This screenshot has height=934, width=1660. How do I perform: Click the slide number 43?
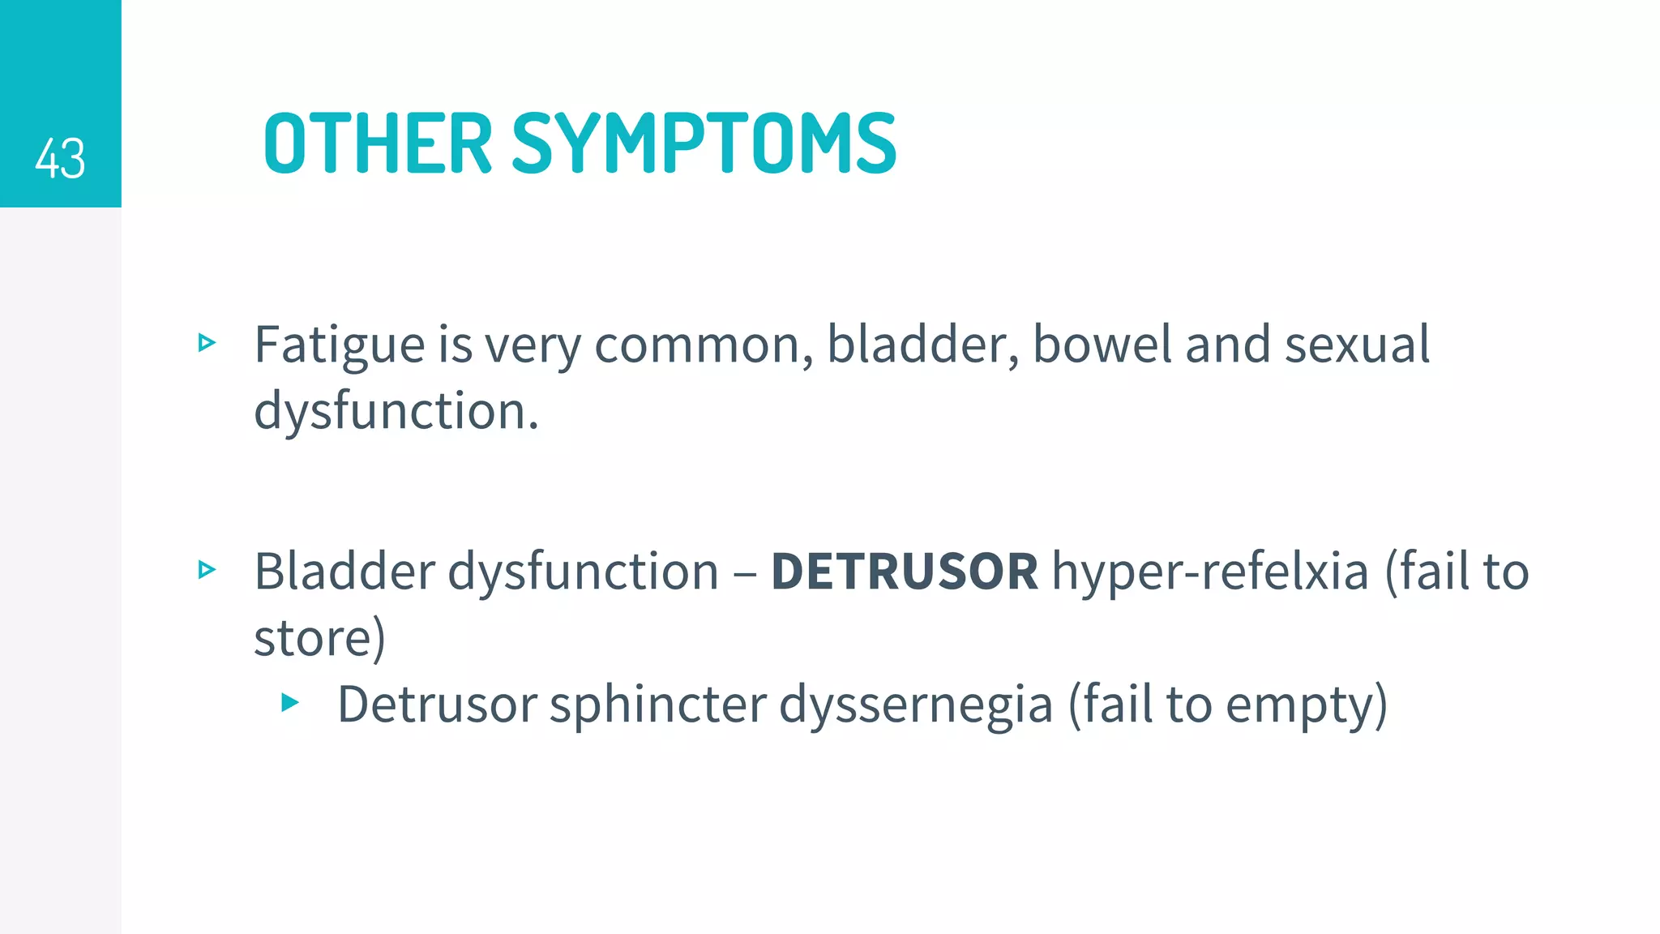[60, 158]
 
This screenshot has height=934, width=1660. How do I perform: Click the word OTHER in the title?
[378, 144]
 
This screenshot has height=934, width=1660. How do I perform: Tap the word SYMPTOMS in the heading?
[704, 144]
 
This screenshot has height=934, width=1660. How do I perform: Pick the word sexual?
[1357, 345]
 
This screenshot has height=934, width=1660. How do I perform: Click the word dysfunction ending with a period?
[396, 411]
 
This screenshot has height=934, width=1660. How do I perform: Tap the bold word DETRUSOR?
[904, 572]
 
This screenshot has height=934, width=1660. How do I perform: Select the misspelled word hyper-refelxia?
[1210, 572]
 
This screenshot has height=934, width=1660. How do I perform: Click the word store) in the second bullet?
[319, 638]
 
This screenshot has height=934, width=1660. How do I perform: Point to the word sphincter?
[657, 704]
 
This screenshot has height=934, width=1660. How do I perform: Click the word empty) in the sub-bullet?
[1307, 705]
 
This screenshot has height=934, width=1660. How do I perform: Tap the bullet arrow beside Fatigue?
[207, 343]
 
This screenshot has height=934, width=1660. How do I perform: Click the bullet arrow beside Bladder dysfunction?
[207, 570]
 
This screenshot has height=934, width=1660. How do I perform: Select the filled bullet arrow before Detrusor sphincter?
[290, 702]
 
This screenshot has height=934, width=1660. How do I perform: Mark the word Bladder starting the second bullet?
[344, 572]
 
